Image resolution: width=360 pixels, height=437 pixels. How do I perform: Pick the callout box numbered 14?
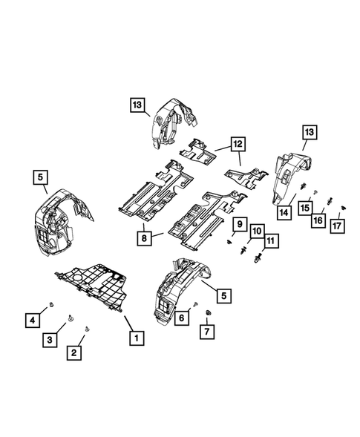click(284, 212)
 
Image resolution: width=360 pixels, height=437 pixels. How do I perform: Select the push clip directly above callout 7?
click(207, 316)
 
